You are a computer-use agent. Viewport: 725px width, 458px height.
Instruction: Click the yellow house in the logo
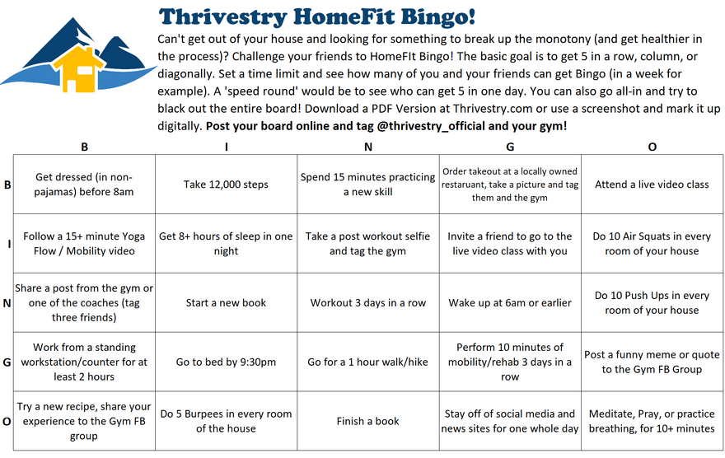(80, 69)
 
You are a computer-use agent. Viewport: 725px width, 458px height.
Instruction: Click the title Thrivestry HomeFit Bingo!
(316, 16)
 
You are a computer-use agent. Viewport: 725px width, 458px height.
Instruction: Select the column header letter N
(367, 147)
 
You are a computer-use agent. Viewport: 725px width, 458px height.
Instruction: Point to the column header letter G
(510, 147)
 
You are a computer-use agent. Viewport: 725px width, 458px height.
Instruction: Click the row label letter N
(7, 302)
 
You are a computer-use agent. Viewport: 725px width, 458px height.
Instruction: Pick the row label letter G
(7, 362)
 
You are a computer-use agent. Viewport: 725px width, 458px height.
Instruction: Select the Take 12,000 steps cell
(226, 185)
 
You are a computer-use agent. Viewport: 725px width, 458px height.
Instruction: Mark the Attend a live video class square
(652, 185)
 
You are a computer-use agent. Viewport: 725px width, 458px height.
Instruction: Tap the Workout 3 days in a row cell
(367, 302)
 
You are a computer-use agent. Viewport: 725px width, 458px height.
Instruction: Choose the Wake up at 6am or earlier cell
(510, 302)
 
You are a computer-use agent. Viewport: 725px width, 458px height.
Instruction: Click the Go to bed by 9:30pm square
(226, 362)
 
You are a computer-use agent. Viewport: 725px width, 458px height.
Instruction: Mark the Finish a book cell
(367, 421)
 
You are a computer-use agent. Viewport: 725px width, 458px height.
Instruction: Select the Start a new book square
(226, 302)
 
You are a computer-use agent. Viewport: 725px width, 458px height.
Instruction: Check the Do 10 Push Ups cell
(652, 302)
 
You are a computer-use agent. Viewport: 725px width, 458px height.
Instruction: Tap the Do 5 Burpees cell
(226, 421)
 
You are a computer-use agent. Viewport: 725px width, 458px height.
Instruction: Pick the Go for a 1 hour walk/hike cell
(367, 362)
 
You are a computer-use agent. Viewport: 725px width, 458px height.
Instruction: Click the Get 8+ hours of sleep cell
(226, 243)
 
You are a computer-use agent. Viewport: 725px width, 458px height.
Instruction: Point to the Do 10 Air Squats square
(652, 243)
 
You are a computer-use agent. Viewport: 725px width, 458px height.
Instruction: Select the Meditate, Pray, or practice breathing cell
(652, 421)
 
